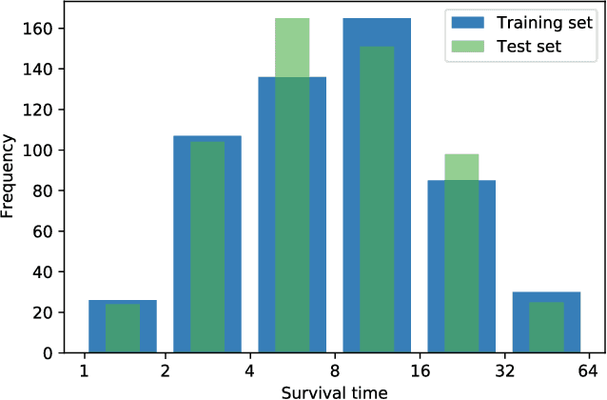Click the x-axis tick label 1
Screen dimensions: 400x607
(84, 371)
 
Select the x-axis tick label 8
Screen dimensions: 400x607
(335, 371)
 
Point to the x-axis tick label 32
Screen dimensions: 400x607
(504, 371)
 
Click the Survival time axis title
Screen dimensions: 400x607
(334, 390)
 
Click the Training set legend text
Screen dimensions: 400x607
(529, 24)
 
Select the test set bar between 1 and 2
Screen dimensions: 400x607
(123, 329)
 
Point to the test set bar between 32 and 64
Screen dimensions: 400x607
(546, 328)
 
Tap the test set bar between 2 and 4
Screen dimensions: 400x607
(207, 248)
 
